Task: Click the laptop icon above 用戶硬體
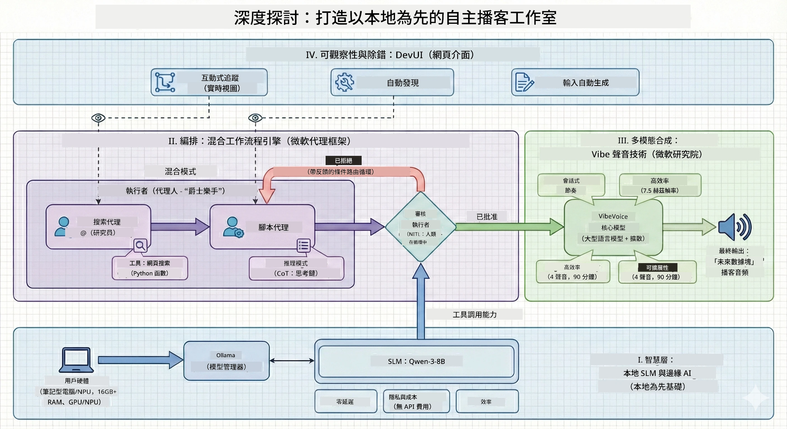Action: coord(76,360)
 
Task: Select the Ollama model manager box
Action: coord(226,361)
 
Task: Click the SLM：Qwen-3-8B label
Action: coord(416,361)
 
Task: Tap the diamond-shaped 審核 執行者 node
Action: coord(421,227)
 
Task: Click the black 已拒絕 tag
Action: coord(343,160)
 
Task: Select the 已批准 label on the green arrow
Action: coord(487,216)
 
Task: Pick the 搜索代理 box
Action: coord(98,227)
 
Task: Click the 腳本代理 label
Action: coord(273,227)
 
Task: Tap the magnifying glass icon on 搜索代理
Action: coord(141,245)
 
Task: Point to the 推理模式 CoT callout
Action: coord(296,268)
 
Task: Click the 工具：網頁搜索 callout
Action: coord(150,268)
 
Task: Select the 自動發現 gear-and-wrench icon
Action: coord(345,82)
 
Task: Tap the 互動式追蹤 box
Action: coord(209,82)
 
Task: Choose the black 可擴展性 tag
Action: coord(657,268)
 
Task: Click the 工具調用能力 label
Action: coord(475,314)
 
